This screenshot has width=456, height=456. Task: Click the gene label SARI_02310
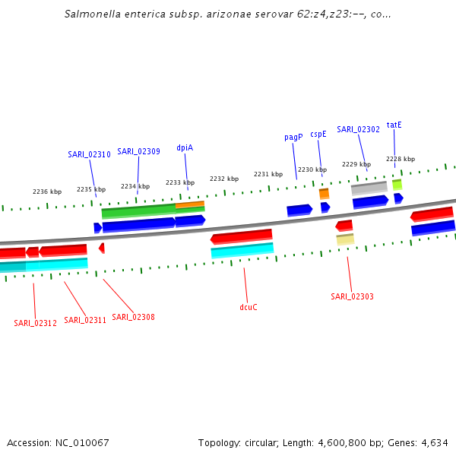pos(89,154)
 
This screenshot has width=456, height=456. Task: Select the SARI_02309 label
pos(138,151)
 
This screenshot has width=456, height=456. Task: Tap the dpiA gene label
pos(185,147)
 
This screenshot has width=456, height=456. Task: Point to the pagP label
pos(293,137)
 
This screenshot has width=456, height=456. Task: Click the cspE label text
pos(318,134)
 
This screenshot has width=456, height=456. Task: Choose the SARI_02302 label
pos(358,129)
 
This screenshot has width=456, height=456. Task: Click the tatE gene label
pos(394,125)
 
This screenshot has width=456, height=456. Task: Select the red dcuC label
pos(249,307)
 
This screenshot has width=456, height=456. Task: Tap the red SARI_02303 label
pos(352,296)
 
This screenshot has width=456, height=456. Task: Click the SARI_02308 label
pos(133,317)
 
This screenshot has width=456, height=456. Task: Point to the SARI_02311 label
pos(85,320)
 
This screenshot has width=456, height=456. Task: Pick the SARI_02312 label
pos(35,323)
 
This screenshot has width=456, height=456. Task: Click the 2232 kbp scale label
pos(224,179)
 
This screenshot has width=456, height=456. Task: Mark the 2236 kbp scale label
pos(47,192)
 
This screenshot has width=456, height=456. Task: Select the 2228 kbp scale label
pos(401,159)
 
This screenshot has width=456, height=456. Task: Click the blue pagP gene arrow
pos(299,209)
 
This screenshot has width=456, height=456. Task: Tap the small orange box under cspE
pos(324,194)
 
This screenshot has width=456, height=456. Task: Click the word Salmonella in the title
pos(91,14)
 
